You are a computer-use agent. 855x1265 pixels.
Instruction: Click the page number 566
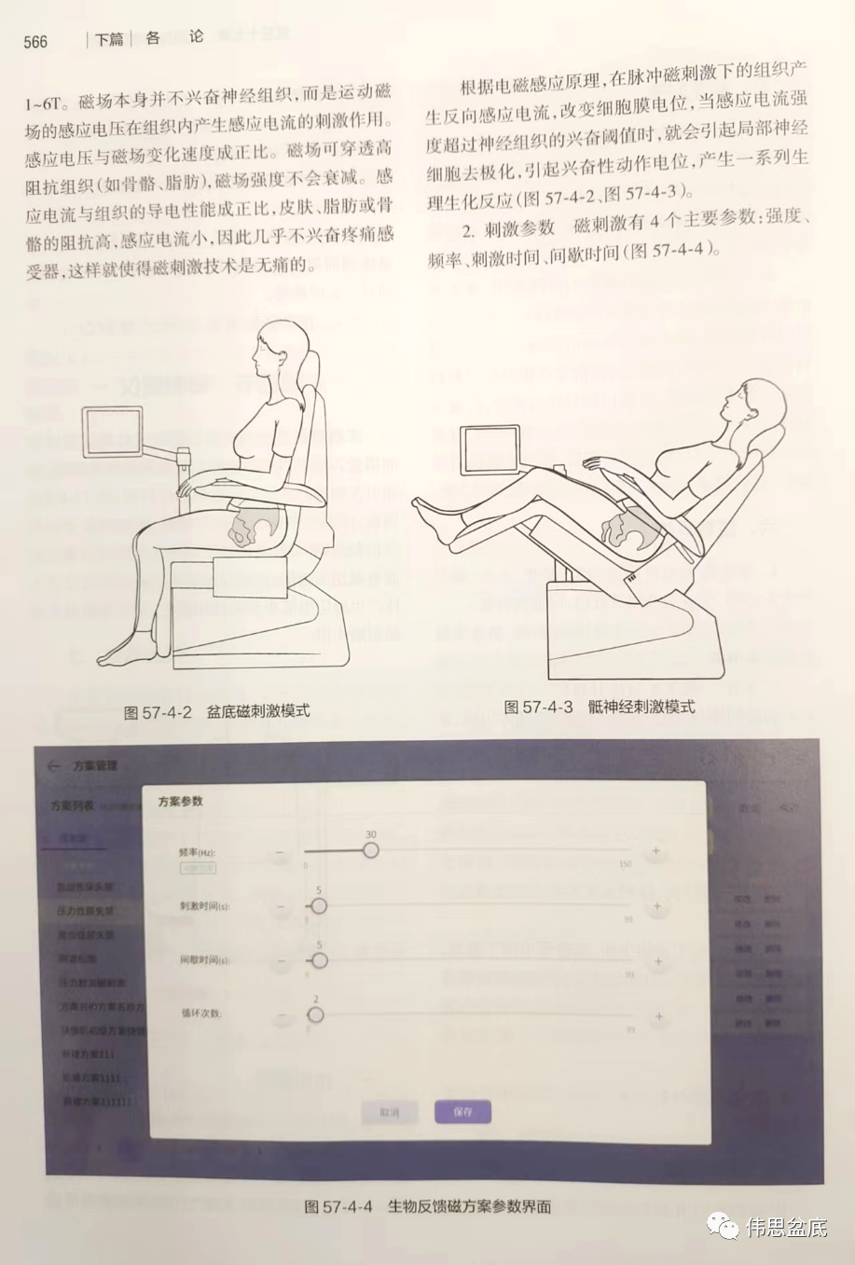[35, 41]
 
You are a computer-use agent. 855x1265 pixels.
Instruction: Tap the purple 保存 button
[462, 1111]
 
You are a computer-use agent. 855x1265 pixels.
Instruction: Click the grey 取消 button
[389, 1112]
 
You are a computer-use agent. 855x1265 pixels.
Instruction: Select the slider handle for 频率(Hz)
[371, 850]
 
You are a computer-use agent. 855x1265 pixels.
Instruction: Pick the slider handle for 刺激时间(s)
[319, 905]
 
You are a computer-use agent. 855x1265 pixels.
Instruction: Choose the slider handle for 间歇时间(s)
[319, 960]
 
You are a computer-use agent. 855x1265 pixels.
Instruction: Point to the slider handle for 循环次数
[315, 1015]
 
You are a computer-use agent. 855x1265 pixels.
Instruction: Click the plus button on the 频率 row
[655, 851]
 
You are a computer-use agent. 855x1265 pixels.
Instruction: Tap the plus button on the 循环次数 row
[658, 1017]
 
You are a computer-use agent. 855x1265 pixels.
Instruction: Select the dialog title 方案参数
[180, 802]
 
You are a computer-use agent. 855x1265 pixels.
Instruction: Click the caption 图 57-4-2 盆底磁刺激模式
[216, 712]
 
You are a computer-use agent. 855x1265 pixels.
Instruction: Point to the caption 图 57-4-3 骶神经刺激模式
[599, 707]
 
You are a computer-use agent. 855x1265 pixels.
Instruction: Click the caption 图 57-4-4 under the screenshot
[428, 1206]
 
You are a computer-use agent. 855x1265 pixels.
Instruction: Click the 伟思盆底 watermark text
[785, 1227]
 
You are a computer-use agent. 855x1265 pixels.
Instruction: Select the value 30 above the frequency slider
[371, 833]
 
